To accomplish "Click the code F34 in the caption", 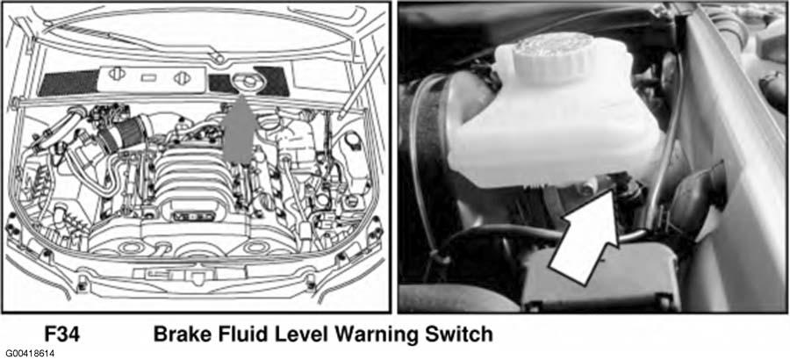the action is [x=62, y=334].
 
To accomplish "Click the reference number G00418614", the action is [x=30, y=354].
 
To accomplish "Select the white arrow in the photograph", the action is [x=585, y=234].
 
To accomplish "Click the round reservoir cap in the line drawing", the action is [x=243, y=83].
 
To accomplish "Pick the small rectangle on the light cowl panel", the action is [x=149, y=78].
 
